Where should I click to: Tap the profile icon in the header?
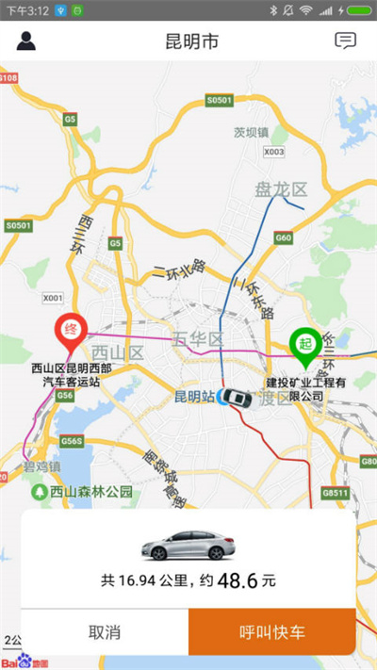[x=25, y=41]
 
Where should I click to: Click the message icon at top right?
[x=346, y=41]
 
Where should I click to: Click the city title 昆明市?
[x=188, y=41]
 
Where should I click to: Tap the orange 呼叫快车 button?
[x=271, y=631]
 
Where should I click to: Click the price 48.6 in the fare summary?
[x=238, y=581]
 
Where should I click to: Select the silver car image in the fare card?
[x=188, y=544]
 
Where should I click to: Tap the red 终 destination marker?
[x=69, y=331]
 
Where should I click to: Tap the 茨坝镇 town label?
[x=252, y=132]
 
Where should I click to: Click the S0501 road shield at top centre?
[x=218, y=99]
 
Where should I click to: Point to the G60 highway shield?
[x=283, y=238]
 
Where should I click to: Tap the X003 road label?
[x=273, y=151]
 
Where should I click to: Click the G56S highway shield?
[x=72, y=440]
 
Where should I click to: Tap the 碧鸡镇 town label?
[x=42, y=466]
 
